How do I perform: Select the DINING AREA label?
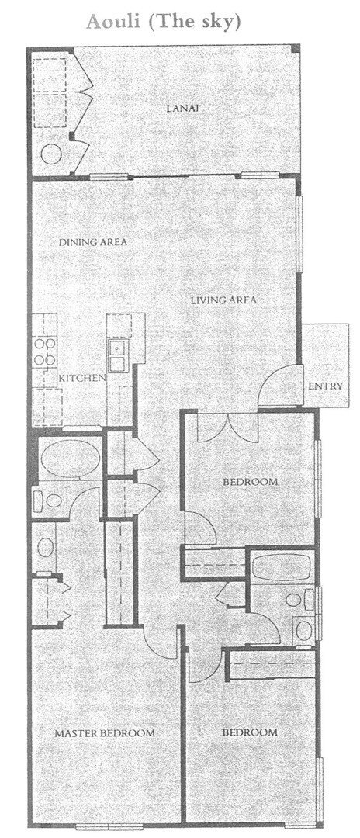93,242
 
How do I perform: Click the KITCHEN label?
81,378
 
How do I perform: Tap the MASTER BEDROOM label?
104,732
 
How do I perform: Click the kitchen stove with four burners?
45,352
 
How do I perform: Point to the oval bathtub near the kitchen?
69,459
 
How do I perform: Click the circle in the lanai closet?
51,154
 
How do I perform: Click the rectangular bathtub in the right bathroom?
282,567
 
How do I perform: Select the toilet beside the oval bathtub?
48,500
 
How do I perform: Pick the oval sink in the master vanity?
46,547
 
